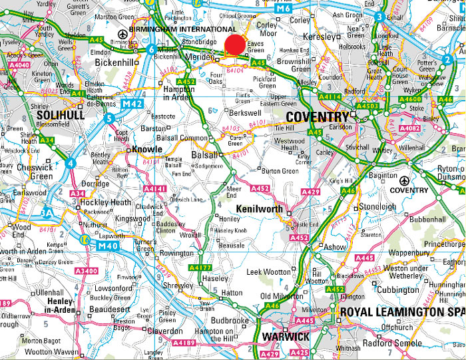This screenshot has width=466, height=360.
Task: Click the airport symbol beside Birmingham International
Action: click(122, 34)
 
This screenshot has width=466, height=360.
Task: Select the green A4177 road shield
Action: click(201, 268)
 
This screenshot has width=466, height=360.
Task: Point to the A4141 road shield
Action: click(154, 189)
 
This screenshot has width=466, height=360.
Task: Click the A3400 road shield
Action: click(87, 271)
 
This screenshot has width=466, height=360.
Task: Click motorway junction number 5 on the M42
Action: click(109, 118)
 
